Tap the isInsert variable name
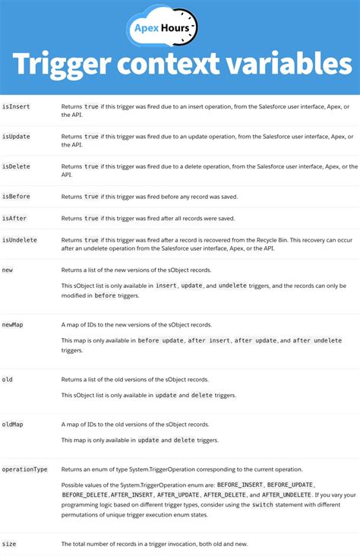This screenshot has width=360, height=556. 16,107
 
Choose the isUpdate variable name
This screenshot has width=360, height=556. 16,137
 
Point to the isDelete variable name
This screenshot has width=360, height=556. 16,166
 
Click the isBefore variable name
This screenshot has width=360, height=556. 16,196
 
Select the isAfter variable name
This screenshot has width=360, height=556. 14,218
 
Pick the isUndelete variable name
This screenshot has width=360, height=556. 19,240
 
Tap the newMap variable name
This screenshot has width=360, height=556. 13,324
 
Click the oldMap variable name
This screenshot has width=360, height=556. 13,424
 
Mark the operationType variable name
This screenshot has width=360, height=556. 25,469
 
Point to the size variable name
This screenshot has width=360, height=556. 9,544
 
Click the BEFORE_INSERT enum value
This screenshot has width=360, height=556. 241,484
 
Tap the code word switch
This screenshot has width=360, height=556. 263,505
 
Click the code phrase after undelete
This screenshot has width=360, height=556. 317,341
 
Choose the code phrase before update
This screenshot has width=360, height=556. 160,341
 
